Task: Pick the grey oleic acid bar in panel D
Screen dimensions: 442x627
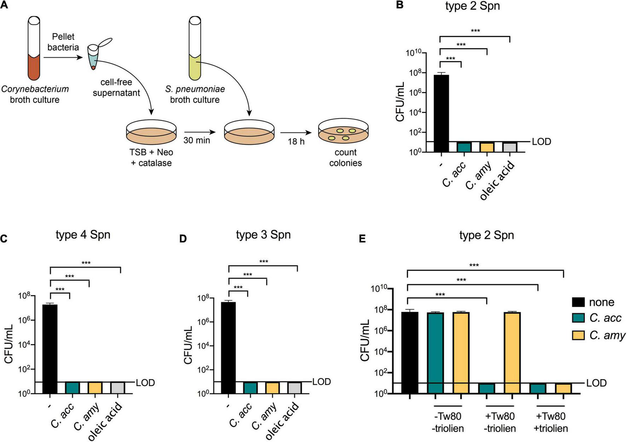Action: [294, 387]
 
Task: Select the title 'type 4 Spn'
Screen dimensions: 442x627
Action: [83, 235]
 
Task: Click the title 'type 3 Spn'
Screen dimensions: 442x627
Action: [263, 235]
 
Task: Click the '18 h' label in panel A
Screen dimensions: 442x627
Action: [297, 141]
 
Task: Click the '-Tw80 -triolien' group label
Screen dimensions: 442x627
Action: [448, 422]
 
